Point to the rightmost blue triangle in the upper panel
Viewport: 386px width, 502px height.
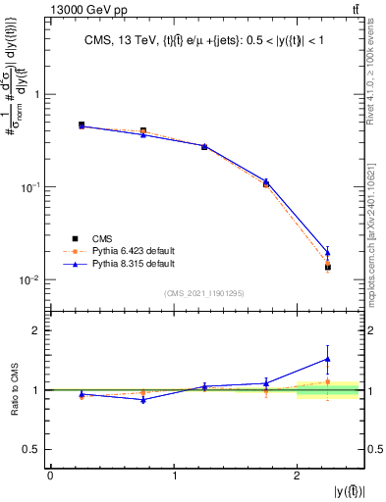coord(328,253)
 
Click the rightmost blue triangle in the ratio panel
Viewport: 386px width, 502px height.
coord(328,359)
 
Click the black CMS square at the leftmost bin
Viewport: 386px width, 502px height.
coord(82,125)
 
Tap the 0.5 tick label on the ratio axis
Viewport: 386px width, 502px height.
coord(31,449)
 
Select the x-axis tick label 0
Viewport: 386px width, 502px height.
coord(50,476)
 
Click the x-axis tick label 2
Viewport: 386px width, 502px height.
coord(298,476)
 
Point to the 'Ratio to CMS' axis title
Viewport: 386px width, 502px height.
coord(13,390)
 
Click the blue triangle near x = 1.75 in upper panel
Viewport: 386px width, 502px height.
coord(266,181)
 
